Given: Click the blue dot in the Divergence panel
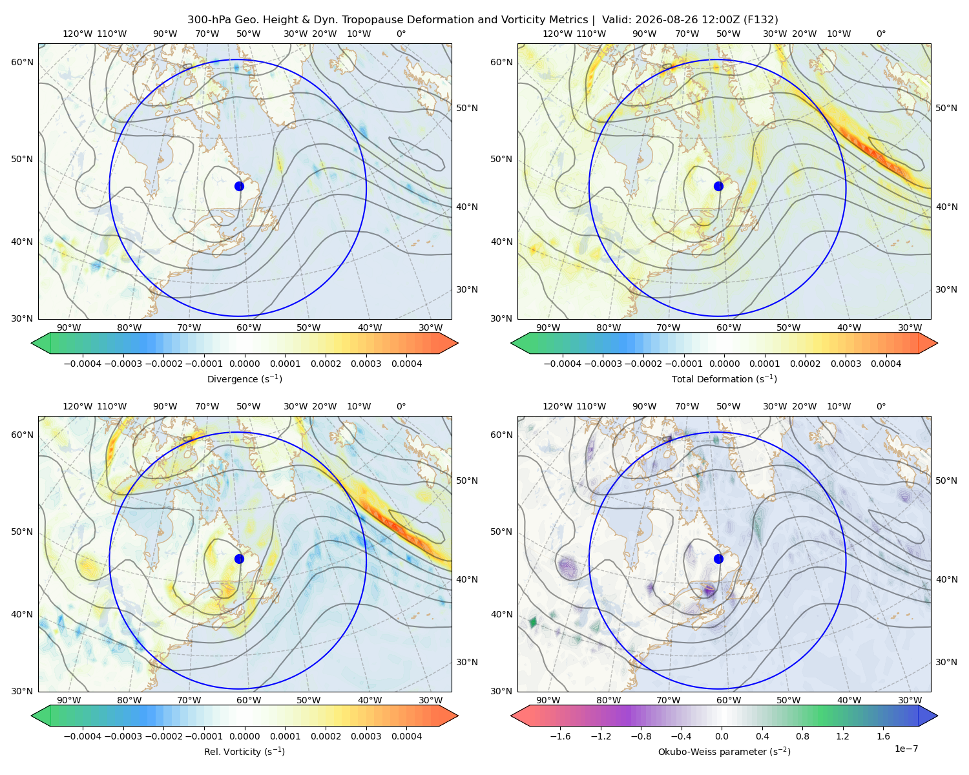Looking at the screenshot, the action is (x=239, y=186).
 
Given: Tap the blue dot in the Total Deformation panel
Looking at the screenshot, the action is (x=718, y=186).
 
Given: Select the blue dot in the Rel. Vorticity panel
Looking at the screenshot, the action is (x=239, y=559).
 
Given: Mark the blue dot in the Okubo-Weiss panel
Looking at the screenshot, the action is (x=718, y=559).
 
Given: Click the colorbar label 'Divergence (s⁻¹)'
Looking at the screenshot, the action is (x=244, y=378).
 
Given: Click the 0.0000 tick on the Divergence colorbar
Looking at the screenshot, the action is (x=244, y=364).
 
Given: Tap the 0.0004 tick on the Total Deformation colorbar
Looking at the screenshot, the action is (x=886, y=364).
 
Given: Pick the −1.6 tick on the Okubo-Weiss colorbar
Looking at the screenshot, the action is (x=560, y=736).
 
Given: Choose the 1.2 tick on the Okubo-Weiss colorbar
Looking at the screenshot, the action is (x=843, y=736).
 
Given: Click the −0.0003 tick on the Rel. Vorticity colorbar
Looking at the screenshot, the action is (x=123, y=736).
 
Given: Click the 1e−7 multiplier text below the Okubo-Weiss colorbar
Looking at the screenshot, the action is (x=906, y=749).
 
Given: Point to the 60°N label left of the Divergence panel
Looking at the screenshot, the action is (x=22, y=62).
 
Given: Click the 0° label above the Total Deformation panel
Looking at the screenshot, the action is (x=880, y=34).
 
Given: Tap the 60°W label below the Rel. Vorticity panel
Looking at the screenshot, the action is (x=249, y=700).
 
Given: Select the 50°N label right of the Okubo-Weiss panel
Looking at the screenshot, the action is (x=946, y=480).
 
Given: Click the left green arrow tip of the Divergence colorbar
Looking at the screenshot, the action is (x=32, y=343).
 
